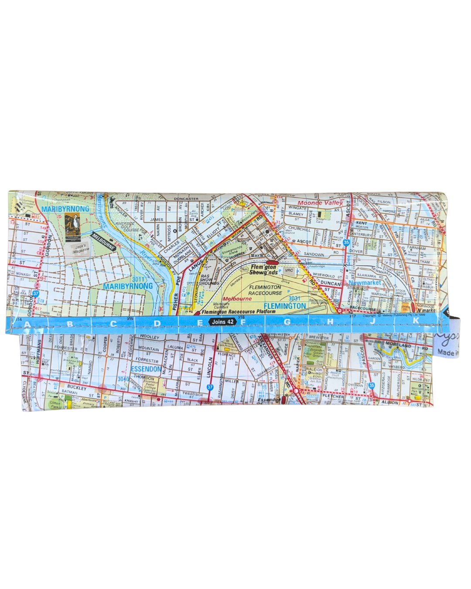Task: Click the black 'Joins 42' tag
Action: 222,322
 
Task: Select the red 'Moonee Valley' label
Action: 321,203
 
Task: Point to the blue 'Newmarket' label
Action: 365,283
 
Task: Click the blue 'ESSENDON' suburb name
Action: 146,369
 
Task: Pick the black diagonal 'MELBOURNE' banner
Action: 103,242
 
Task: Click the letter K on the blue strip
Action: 415,321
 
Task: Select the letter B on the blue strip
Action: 70,324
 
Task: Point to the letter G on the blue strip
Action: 287,322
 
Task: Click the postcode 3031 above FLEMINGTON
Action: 294,298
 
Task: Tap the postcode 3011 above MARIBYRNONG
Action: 138,279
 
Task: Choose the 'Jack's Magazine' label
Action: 81,249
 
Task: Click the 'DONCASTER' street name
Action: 186,199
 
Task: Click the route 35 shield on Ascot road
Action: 346,242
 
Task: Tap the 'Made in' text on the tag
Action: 447,352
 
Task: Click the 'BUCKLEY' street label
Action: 77,387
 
